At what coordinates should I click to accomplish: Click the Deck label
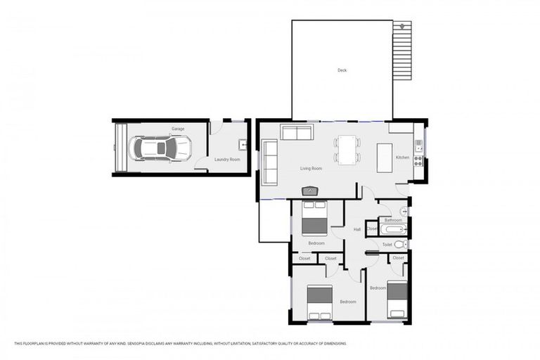point(342,70)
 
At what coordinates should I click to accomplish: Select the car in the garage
point(161,148)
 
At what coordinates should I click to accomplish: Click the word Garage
point(178,129)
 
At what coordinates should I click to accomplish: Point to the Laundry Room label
point(227,160)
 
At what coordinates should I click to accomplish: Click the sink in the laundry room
point(243,146)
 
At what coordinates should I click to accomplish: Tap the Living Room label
point(311,169)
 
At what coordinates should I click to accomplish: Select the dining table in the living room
point(347,149)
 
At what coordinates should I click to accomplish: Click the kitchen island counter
point(385,157)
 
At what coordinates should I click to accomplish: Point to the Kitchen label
point(402,157)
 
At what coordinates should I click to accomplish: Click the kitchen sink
point(418,146)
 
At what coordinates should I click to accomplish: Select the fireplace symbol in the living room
point(310,191)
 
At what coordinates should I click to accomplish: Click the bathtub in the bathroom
point(392,229)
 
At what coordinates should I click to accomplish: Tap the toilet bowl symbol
point(399,245)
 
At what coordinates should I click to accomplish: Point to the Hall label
point(357,229)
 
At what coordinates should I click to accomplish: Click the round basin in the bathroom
point(404,211)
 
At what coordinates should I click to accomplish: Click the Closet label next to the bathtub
point(372,229)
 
